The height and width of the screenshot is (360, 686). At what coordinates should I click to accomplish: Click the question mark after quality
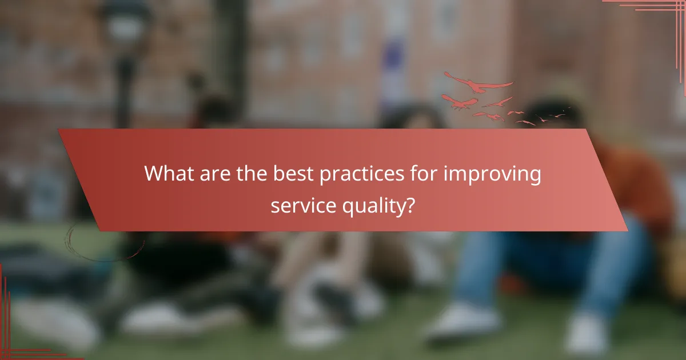[410, 205]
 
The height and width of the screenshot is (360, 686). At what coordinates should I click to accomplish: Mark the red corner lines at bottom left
[17, 337]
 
